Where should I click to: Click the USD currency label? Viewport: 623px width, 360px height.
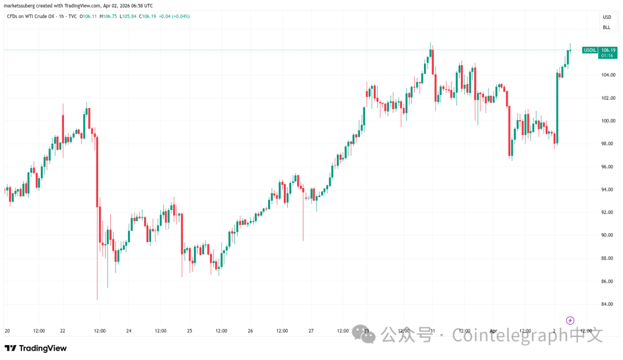coord(606,17)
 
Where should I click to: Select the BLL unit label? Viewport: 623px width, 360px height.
coord(606,27)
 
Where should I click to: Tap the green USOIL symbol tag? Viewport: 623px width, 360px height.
coord(590,50)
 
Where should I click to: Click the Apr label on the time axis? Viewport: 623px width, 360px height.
coord(493,331)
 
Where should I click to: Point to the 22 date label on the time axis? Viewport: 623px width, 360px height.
coord(63,331)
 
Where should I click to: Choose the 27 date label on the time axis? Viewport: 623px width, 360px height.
coord(311,331)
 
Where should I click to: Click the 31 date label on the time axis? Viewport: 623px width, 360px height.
coord(432,331)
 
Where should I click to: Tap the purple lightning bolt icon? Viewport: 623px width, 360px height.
coord(570,320)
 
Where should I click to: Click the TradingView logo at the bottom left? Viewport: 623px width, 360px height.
coord(36,348)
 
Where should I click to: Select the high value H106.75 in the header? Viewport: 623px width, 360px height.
coord(110,16)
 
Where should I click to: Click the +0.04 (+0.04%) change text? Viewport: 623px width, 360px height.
coord(175,16)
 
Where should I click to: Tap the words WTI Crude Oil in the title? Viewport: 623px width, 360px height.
coord(39,16)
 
